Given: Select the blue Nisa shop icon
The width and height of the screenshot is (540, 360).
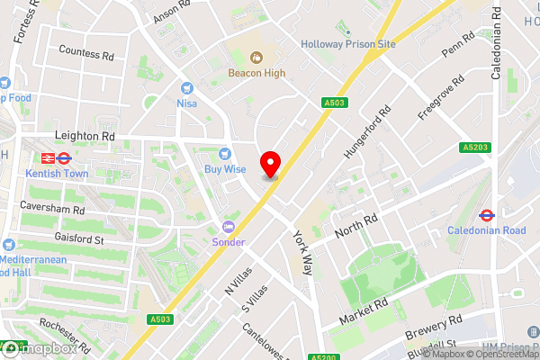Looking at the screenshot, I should tap(187, 88).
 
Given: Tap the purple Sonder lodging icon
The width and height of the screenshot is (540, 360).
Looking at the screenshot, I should tap(228, 226).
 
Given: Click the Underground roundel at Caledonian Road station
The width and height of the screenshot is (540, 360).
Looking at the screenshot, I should tap(486, 215).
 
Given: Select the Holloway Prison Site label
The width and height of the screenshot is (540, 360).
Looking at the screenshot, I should tap(349, 42).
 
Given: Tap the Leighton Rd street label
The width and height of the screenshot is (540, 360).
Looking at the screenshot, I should tap(85, 136).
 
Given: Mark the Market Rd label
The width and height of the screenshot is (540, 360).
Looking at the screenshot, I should tap(364, 310).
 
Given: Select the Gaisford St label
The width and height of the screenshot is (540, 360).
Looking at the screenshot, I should tap(49, 240).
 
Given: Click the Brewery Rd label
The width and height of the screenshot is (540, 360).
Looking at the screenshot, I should tap(433, 328).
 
